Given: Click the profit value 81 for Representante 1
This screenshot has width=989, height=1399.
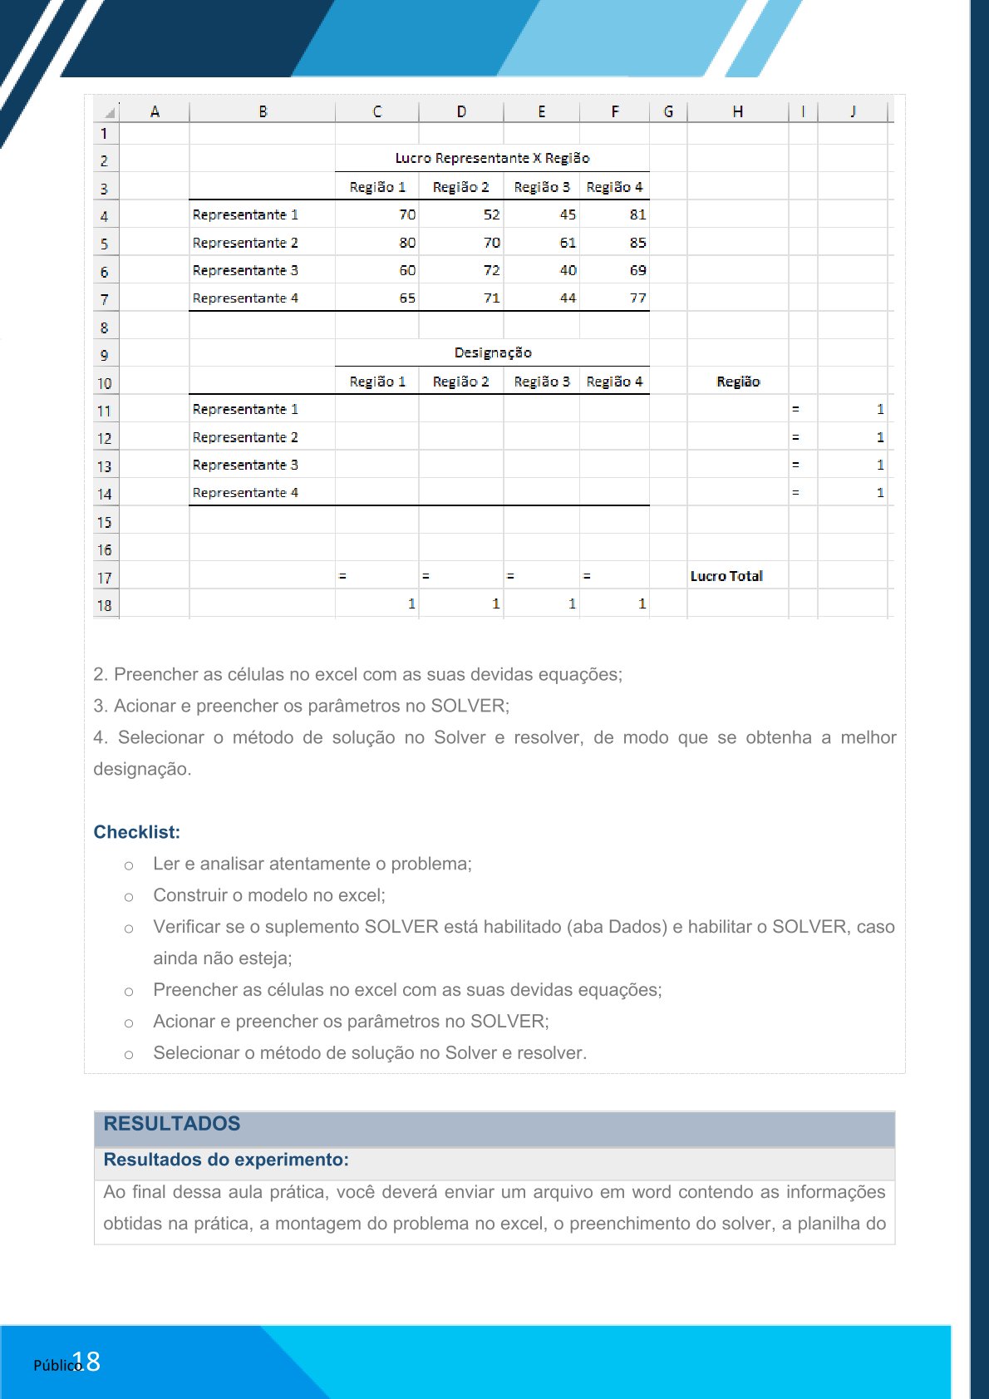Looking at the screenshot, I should tap(637, 214).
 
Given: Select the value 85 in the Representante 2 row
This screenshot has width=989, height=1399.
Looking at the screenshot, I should tap(637, 243).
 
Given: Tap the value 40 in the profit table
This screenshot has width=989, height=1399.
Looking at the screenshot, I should tap(568, 270).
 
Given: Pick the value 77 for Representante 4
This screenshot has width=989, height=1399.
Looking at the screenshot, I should tap(637, 298).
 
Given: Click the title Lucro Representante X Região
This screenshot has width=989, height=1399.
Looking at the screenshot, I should tap(492, 158).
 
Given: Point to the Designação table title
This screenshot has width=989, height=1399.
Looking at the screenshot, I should tap(493, 352).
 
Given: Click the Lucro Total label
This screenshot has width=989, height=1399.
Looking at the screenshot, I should tap(726, 576).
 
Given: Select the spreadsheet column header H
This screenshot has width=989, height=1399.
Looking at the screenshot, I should tap(737, 111).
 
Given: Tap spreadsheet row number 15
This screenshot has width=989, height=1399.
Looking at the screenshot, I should tap(104, 522).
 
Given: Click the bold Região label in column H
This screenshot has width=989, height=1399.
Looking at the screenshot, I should tap(738, 382).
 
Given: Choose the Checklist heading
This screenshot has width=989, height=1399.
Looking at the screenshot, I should tap(136, 832).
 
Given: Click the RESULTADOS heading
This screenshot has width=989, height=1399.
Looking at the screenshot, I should tap(172, 1124).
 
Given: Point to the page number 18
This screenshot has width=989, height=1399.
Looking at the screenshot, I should tap(91, 1362).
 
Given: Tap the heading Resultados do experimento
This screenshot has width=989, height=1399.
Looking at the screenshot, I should tap(226, 1160).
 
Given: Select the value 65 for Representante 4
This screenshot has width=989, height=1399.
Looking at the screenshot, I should tap(407, 298).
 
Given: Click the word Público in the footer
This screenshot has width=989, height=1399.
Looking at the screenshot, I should tap(57, 1365).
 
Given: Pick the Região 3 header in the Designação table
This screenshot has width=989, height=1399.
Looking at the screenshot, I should tap(541, 382).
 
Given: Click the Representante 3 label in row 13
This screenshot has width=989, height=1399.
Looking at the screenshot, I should tap(245, 465).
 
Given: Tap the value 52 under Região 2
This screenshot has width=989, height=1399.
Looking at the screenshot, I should tap(491, 214).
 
